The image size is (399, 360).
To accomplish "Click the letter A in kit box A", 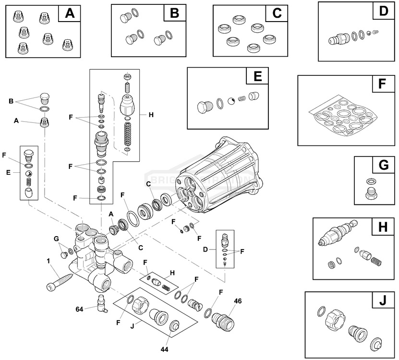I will [70, 13].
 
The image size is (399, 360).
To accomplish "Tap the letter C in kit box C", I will [277, 13].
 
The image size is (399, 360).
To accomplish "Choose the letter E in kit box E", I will [257, 77].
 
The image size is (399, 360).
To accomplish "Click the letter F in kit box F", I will [382, 84].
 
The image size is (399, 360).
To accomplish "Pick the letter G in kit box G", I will [383, 166].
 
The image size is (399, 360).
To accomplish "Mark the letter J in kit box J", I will [382, 301].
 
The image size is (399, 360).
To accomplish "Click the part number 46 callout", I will [238, 301].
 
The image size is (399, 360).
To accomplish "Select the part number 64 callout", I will [80, 309].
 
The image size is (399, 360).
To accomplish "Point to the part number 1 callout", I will [48, 261].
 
